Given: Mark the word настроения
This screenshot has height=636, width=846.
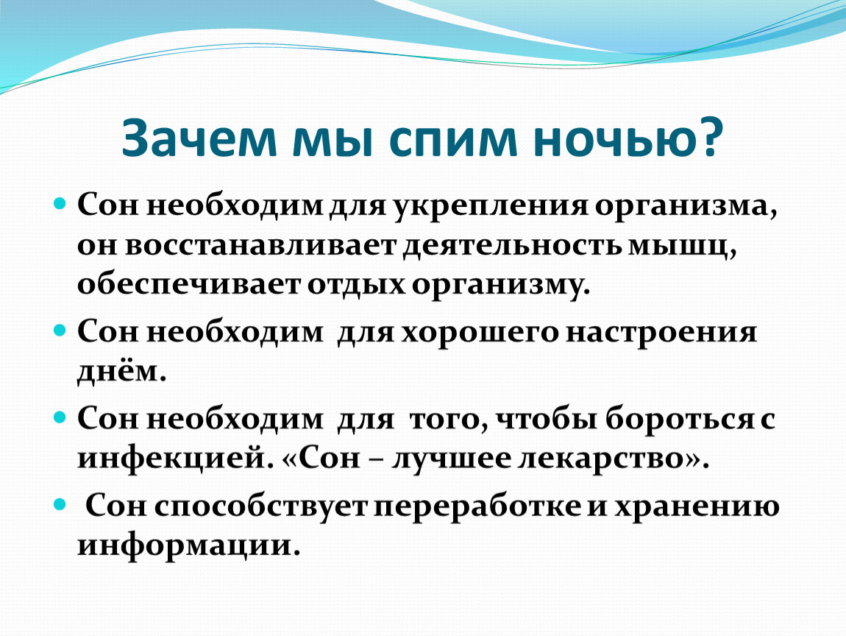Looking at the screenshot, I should coord(664,333).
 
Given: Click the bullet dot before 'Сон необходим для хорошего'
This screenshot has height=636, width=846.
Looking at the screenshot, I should coord(60,331).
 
